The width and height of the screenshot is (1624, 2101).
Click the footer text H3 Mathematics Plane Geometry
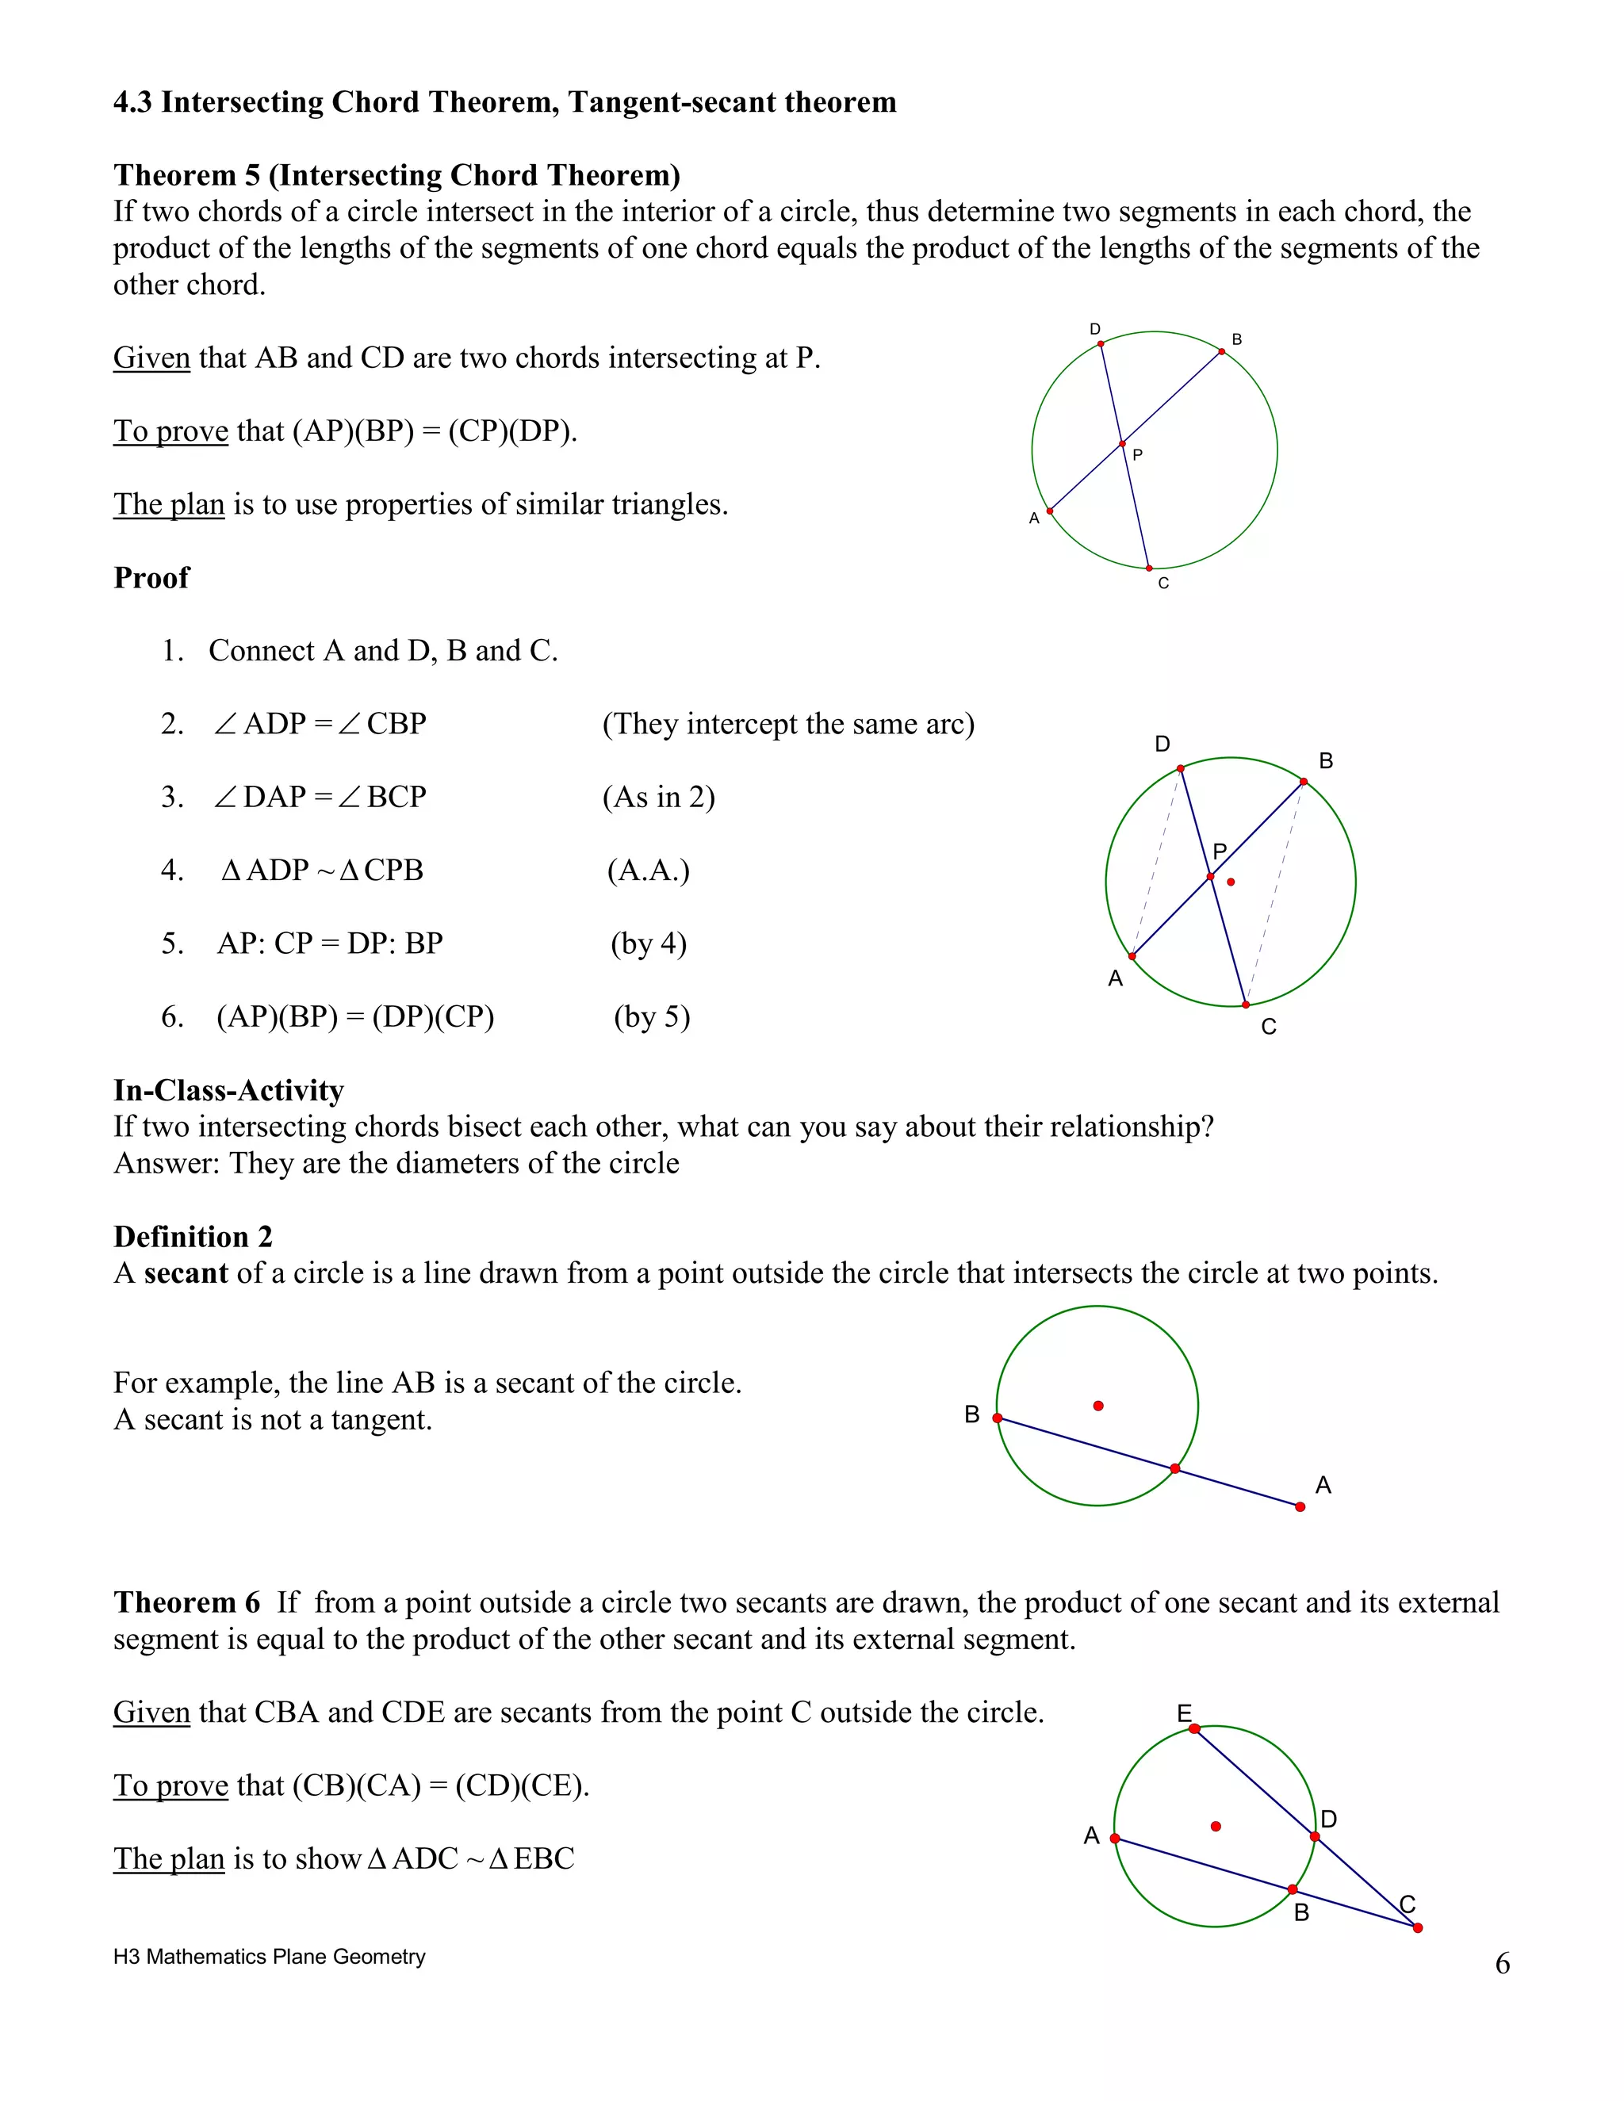270,1957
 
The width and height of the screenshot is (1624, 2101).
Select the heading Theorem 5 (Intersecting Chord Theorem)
396,175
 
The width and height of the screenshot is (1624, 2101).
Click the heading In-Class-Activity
228,1090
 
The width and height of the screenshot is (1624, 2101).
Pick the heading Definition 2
193,1236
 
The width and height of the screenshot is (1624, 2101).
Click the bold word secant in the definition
186,1274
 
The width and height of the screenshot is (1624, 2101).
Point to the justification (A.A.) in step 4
649,871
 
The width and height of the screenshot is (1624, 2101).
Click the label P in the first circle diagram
1137,455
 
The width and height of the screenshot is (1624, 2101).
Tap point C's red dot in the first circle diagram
1149,568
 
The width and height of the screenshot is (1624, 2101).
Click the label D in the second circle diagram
1162,744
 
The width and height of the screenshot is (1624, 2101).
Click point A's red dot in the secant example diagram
1300,1506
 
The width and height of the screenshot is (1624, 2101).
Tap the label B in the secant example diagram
971,1415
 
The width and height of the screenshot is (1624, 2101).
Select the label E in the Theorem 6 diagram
1185,1713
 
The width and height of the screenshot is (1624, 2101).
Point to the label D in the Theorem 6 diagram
1329,1819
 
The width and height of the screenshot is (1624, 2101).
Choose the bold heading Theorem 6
186,1602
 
